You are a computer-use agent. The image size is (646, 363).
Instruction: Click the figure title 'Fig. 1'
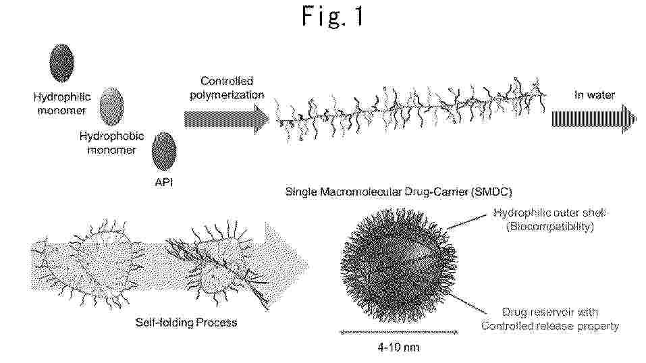click(x=333, y=17)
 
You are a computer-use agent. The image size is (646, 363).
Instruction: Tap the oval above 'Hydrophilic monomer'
click(x=62, y=63)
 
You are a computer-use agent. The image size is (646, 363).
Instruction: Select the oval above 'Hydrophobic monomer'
click(x=111, y=107)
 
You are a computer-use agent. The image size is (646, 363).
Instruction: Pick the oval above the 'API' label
click(x=164, y=151)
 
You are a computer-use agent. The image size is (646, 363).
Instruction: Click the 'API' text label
click(x=164, y=181)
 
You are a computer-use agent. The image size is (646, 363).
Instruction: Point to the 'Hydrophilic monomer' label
click(x=62, y=103)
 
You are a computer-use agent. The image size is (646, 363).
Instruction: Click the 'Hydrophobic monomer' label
click(x=111, y=142)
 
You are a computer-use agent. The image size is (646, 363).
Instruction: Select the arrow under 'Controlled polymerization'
click(x=227, y=119)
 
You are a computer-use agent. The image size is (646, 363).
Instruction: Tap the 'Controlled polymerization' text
click(x=227, y=88)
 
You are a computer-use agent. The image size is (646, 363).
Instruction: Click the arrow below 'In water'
click(x=594, y=119)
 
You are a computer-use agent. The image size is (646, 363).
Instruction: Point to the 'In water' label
click(x=595, y=95)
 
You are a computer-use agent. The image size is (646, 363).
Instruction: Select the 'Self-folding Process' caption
click(x=186, y=323)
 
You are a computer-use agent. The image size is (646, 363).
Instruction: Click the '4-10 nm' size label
click(x=399, y=347)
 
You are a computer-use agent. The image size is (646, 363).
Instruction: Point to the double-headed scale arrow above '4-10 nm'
click(x=399, y=332)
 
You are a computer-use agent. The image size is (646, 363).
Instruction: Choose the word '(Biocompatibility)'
click(x=550, y=227)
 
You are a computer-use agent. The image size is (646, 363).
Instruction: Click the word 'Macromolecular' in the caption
click(x=354, y=192)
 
